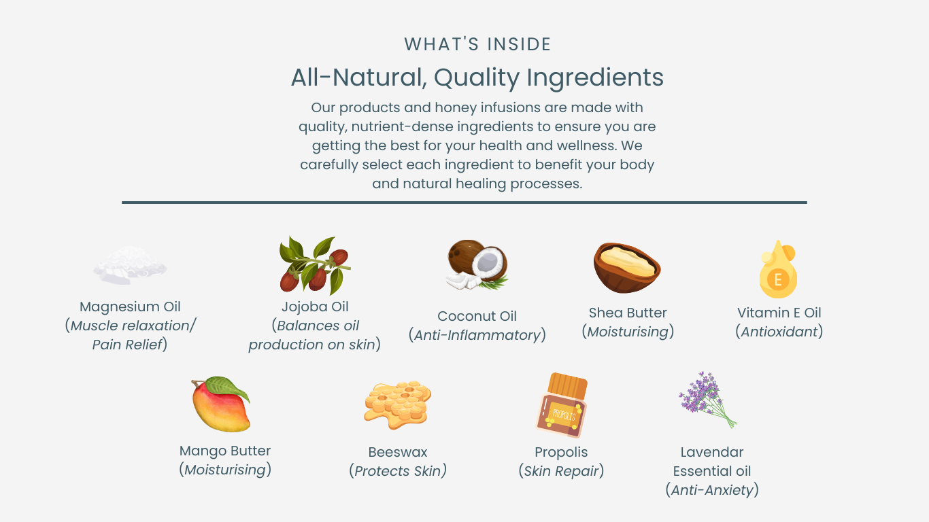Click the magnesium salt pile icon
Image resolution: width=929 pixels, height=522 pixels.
click(x=130, y=265)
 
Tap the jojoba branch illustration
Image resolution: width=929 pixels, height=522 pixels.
click(x=315, y=265)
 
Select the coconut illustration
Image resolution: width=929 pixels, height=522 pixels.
click(x=477, y=264)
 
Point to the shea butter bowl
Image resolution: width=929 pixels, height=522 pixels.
click(x=627, y=268)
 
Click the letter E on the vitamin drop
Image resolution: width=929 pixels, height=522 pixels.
click(x=778, y=279)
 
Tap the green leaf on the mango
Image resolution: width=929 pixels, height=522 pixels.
click(x=228, y=387)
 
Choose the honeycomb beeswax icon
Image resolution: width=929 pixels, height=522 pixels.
click(x=398, y=404)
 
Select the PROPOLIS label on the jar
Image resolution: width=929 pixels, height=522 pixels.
click(x=564, y=415)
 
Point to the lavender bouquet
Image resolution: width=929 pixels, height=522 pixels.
click(x=707, y=400)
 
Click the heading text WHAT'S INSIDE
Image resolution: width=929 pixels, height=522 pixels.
click(x=477, y=44)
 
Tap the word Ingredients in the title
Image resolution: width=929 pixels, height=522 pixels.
click(x=595, y=77)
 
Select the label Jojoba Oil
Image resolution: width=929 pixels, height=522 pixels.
click(x=315, y=307)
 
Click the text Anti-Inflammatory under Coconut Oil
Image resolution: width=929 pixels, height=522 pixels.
click(x=477, y=335)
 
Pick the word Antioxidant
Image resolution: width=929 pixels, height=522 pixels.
click(x=779, y=332)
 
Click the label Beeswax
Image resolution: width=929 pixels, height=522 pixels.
click(x=398, y=452)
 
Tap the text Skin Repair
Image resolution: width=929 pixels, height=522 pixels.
click(x=562, y=471)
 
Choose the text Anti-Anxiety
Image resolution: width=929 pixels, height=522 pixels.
click(x=712, y=490)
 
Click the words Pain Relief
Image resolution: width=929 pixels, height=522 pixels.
click(x=127, y=345)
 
